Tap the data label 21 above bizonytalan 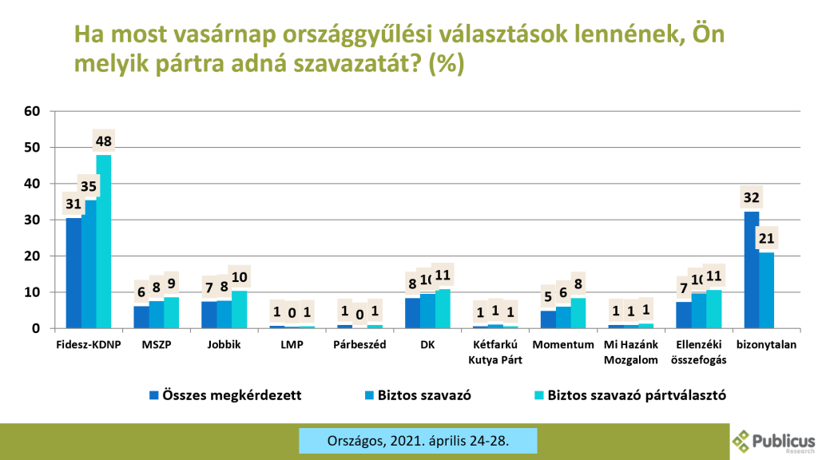point(766,238)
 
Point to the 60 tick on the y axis point(32,111)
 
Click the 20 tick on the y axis point(32,256)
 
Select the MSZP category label point(156,345)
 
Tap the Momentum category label point(563,345)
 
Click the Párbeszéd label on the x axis point(359,345)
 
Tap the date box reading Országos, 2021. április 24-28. point(418,440)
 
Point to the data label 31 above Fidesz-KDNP point(73,204)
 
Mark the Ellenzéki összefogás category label point(699,351)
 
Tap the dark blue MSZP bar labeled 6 point(141,317)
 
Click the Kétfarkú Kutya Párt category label point(495,351)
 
